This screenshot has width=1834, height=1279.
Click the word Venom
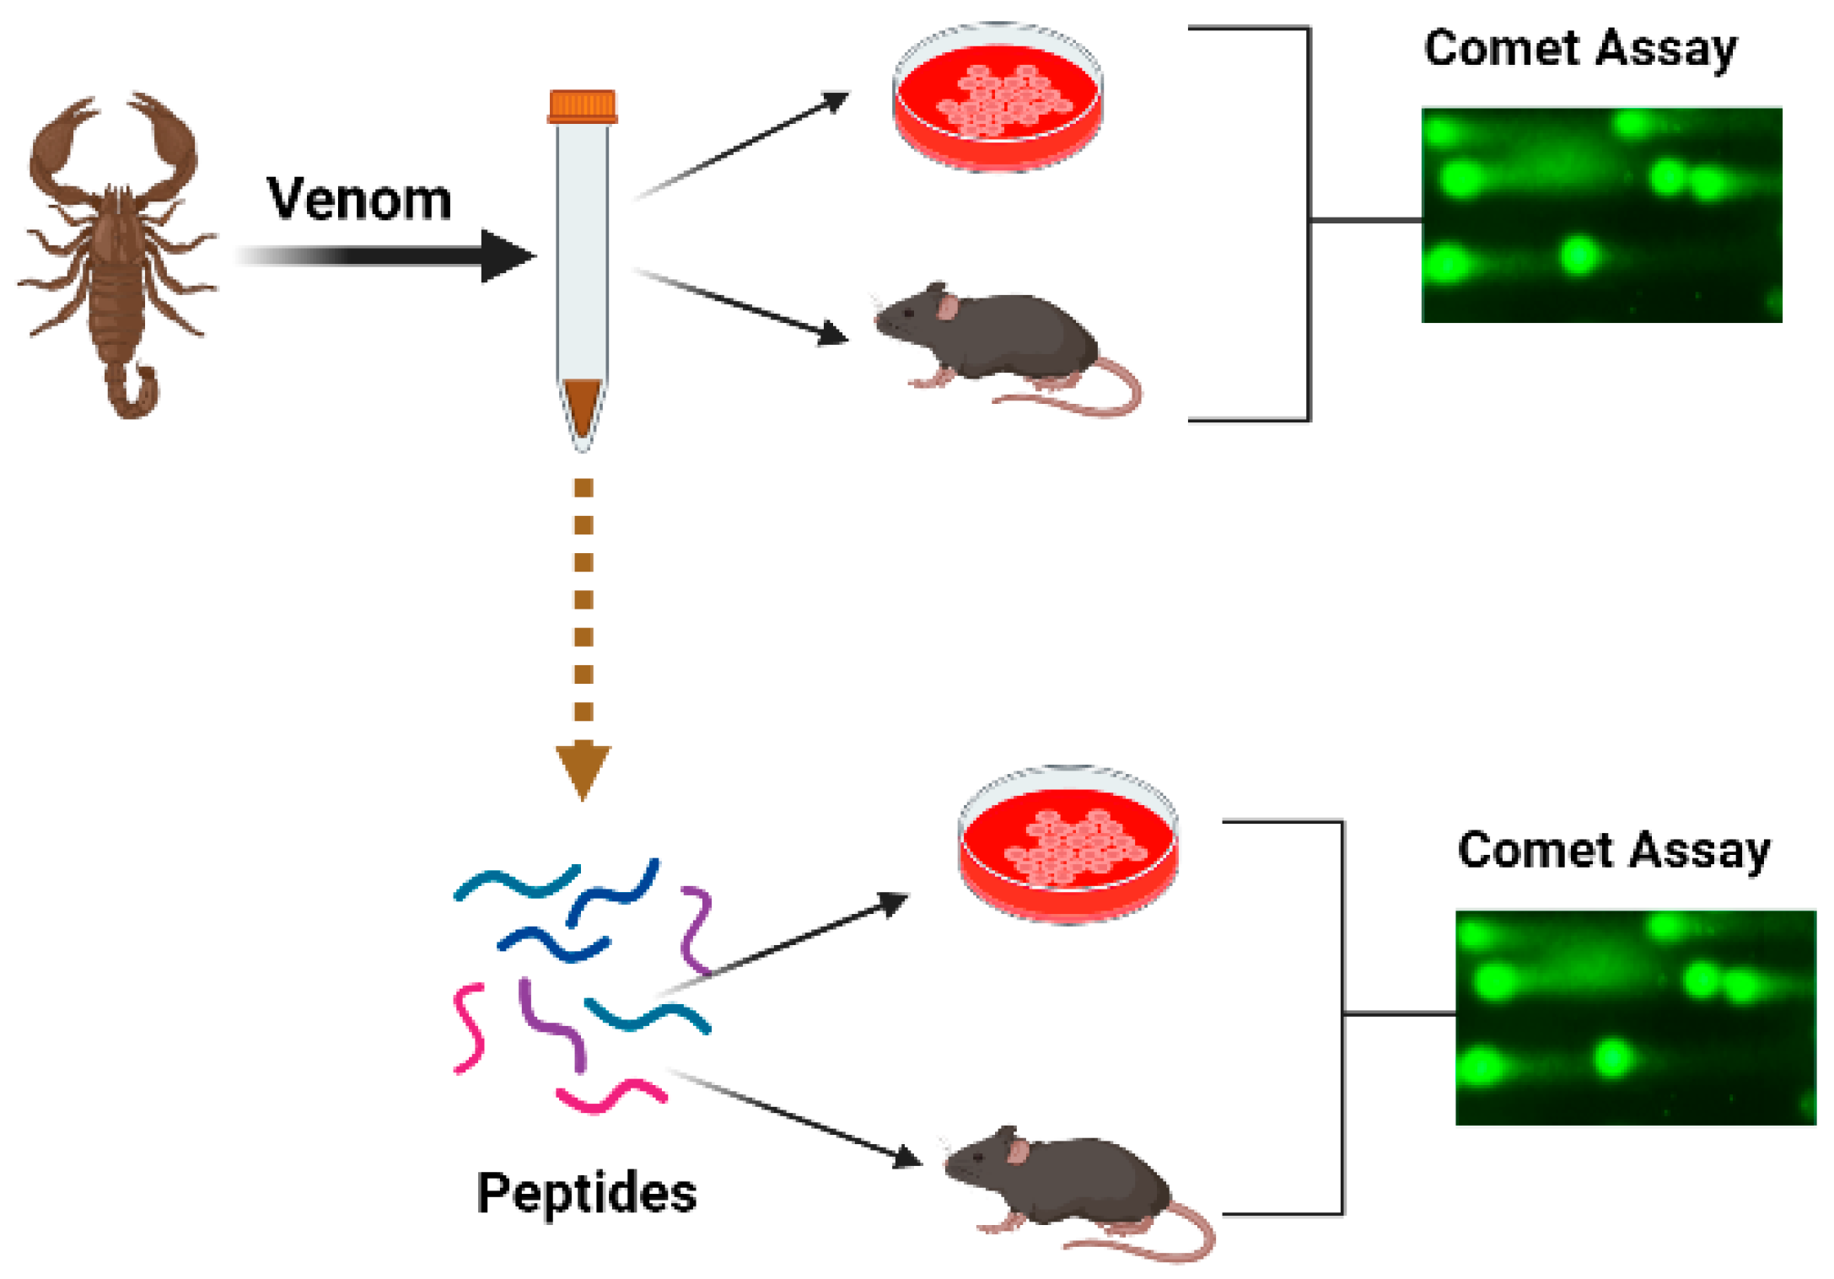[x=359, y=200]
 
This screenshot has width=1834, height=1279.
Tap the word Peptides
[x=586, y=1192]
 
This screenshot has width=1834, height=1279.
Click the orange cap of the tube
[x=582, y=107]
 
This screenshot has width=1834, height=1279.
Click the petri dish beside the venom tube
[x=998, y=97]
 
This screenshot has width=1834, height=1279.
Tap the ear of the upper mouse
[x=948, y=307]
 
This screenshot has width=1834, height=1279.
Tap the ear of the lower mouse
[x=1019, y=1151]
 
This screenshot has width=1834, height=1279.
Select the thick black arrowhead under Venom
[x=506, y=255]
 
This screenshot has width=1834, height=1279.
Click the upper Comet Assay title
[x=1579, y=48]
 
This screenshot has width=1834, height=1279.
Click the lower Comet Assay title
[x=1613, y=850]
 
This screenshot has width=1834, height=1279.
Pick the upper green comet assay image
[x=1601, y=215]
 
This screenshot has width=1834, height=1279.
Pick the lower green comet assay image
[x=1635, y=1017]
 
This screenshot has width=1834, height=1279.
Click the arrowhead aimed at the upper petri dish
[x=835, y=101]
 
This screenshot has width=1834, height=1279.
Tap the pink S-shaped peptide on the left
[x=469, y=1027]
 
